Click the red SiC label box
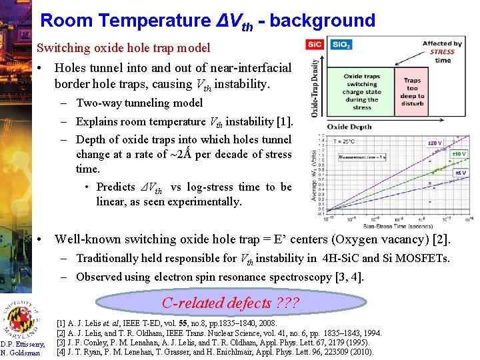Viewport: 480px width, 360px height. coord(315,44)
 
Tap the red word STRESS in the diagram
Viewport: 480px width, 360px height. coord(443,52)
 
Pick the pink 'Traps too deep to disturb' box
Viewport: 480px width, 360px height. coord(412,93)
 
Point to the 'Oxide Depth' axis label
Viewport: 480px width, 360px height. coord(349,125)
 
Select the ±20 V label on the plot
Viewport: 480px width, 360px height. coord(435,143)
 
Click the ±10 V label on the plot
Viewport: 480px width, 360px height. coord(459,154)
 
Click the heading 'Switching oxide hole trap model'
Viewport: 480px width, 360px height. coord(123,48)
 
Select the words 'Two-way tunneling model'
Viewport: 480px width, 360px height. coord(139,103)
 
